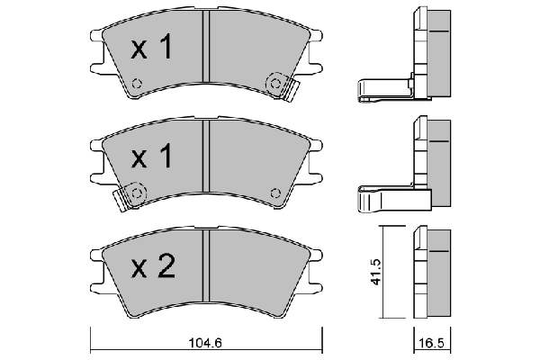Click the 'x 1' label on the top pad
point(150,49)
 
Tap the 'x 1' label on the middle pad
point(150,158)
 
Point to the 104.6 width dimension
point(205,344)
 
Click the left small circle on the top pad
point(137,85)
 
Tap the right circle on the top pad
point(274,84)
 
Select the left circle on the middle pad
point(136,192)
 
